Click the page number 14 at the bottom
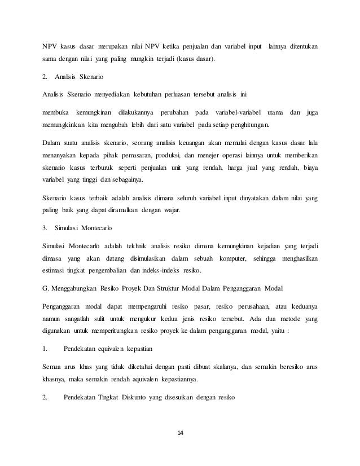[x=180, y=433]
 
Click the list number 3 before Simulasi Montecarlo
[x=45, y=230]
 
